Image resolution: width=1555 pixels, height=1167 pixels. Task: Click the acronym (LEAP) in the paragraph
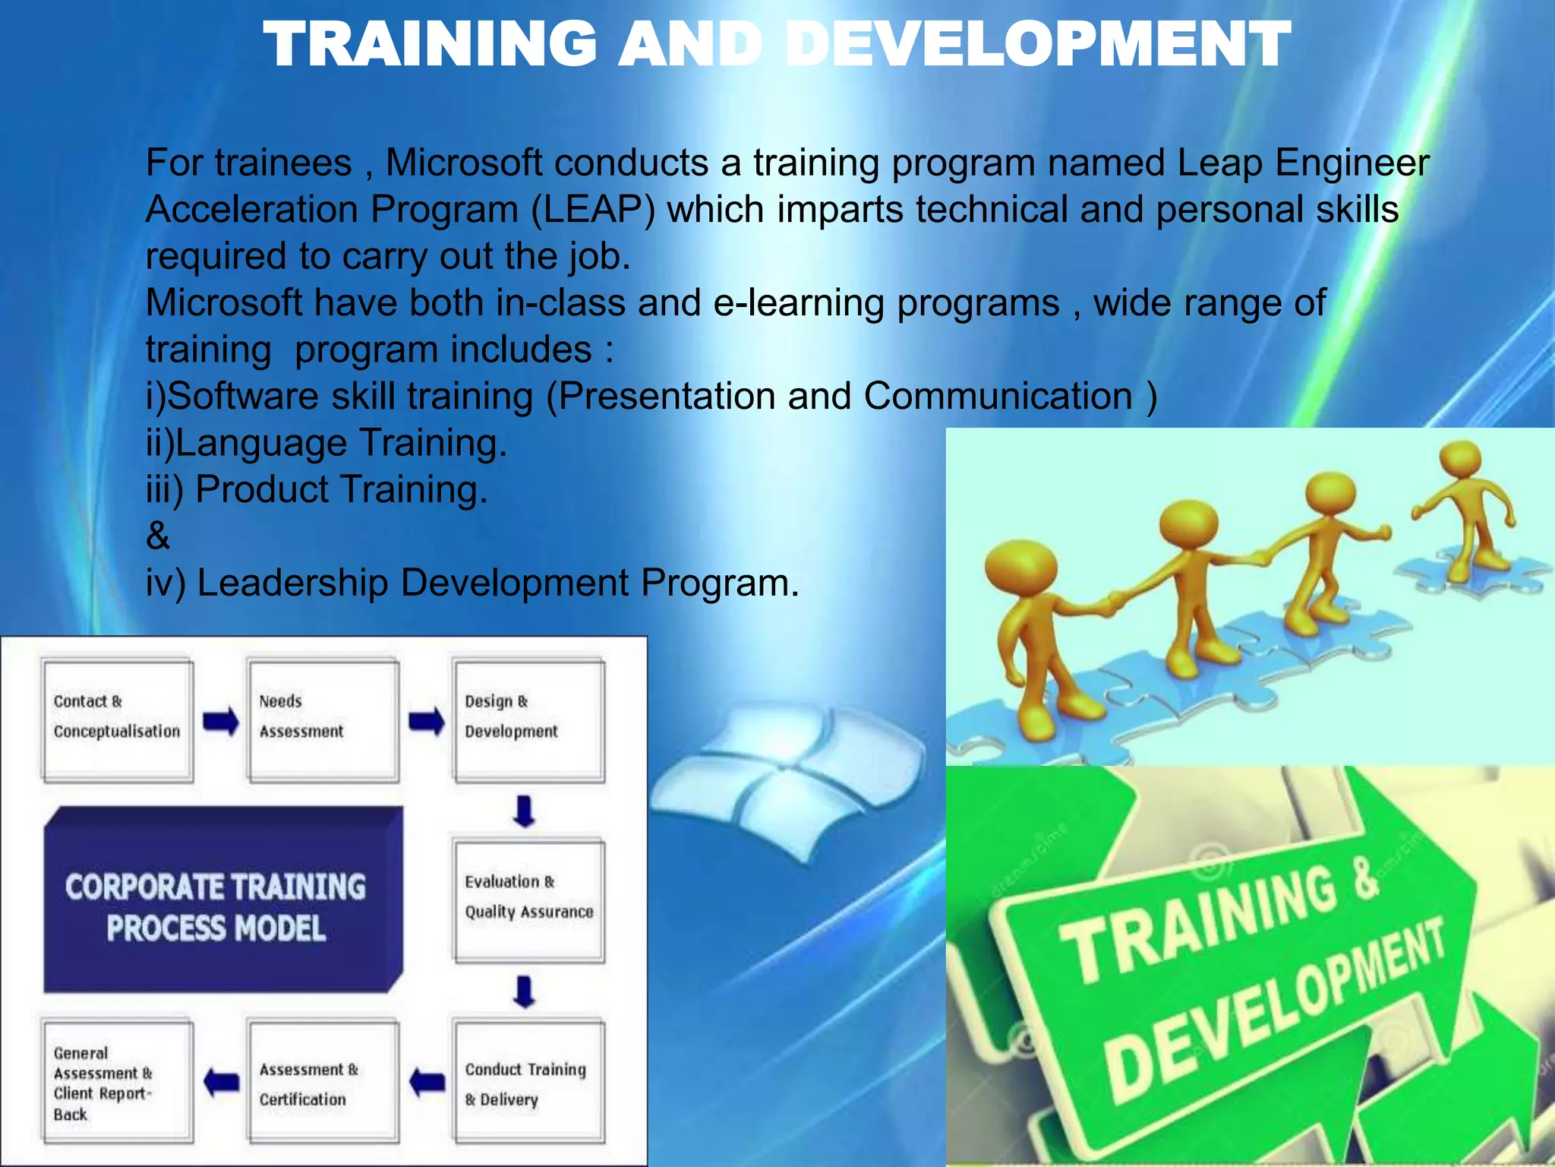click(x=591, y=210)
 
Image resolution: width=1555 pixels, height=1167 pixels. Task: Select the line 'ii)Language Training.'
click(x=326, y=443)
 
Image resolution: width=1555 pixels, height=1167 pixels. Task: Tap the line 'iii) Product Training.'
click(x=317, y=489)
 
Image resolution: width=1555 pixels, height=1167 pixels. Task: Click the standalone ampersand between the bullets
click(x=158, y=536)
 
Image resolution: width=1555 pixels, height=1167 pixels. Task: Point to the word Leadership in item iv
click(x=292, y=583)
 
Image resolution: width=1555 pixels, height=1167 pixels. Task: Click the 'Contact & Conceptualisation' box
click(x=118, y=719)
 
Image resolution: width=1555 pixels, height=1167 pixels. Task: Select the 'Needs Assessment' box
click(x=323, y=719)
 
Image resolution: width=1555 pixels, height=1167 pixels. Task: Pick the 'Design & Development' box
click(x=529, y=719)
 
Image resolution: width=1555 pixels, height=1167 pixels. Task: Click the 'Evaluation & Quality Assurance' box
click(x=529, y=900)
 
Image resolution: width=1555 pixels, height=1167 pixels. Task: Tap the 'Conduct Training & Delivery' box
click(x=529, y=1082)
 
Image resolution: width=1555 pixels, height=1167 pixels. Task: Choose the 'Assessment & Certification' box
click(x=323, y=1082)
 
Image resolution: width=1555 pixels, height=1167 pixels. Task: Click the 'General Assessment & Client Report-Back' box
click(x=118, y=1082)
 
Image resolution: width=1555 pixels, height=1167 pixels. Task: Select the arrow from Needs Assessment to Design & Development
click(x=427, y=721)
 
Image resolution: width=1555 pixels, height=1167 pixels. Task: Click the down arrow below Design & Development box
click(x=525, y=811)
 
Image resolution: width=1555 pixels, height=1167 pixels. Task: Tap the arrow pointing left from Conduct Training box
click(x=427, y=1081)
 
